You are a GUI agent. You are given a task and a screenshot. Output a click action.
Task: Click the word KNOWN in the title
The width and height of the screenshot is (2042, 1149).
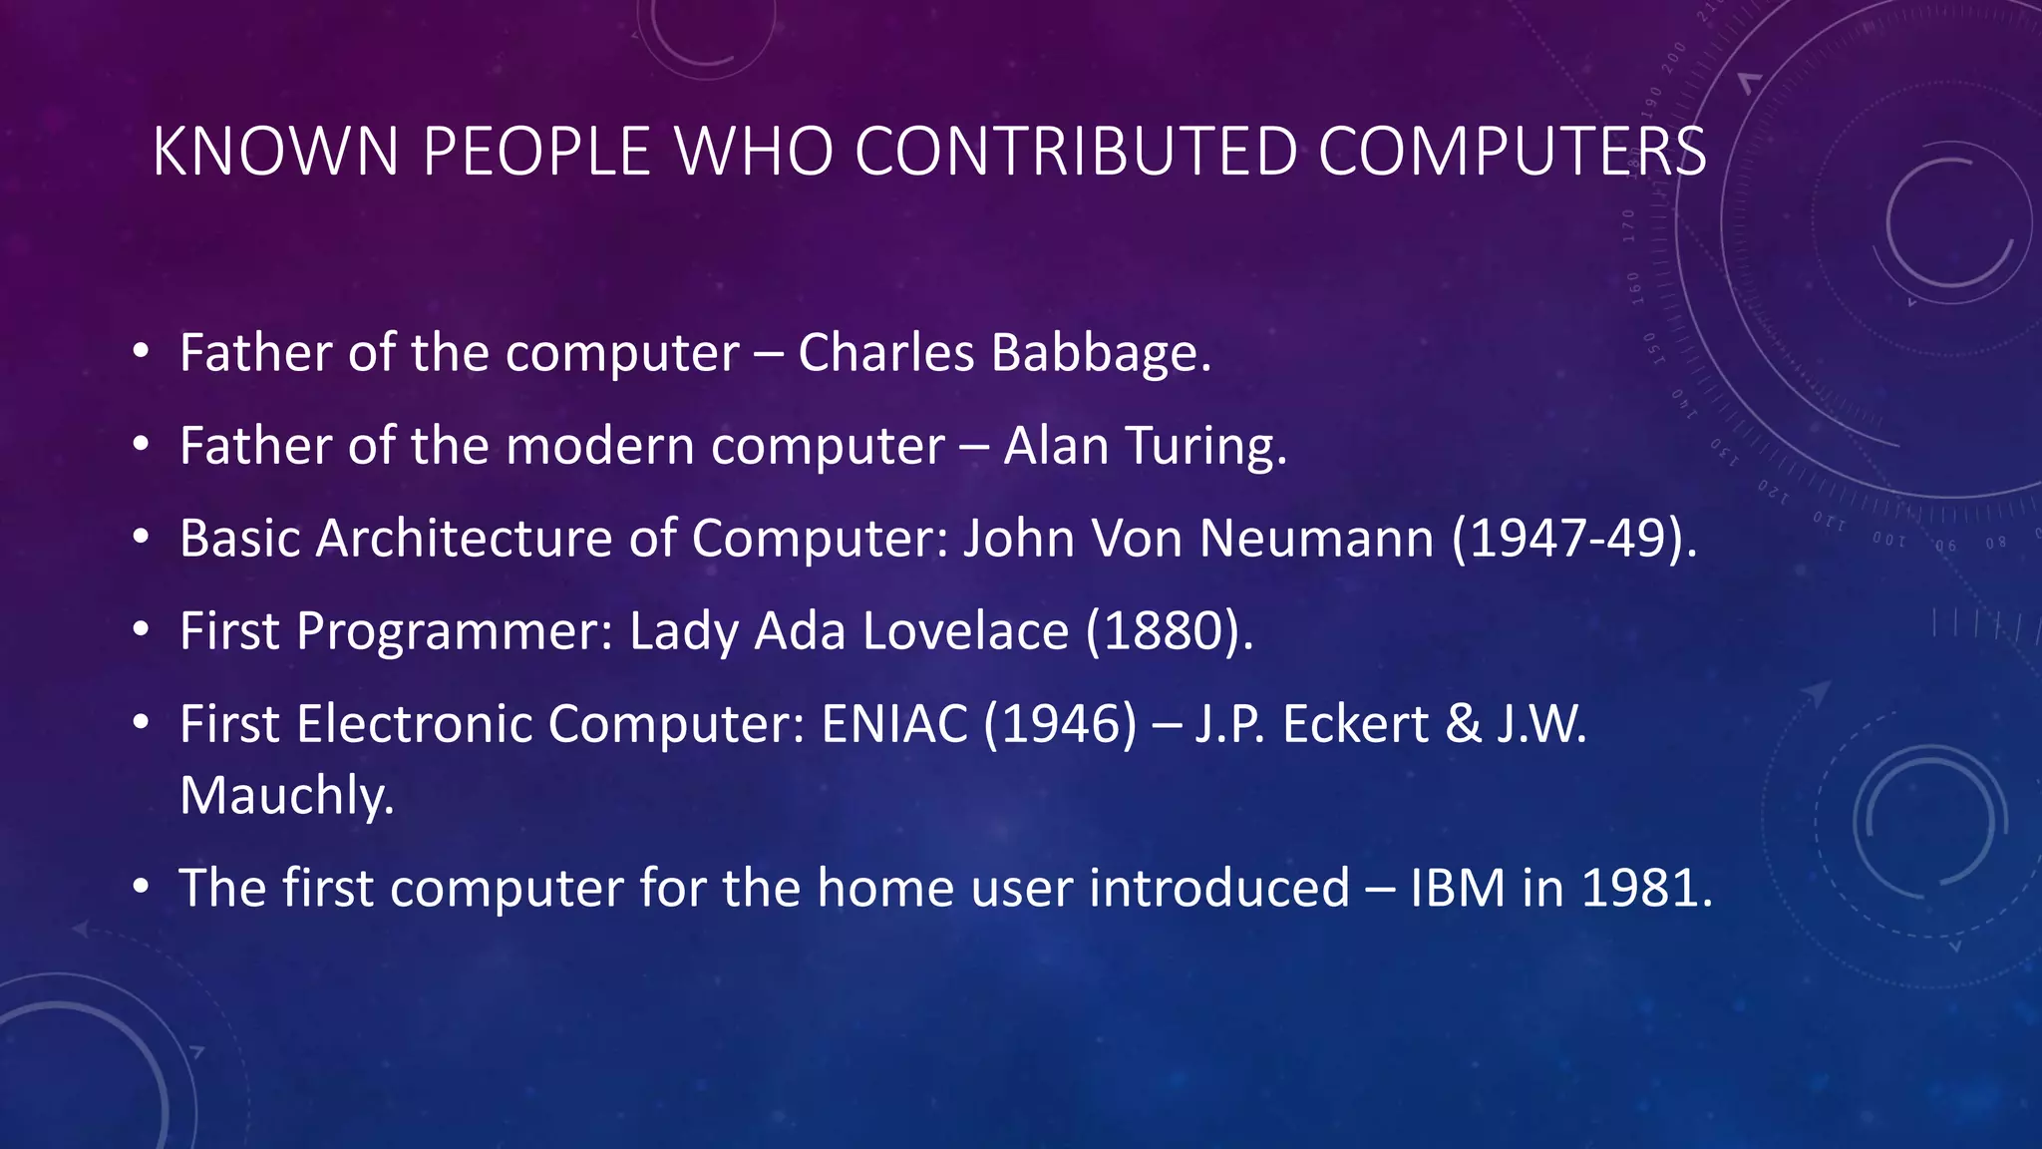click(x=276, y=152)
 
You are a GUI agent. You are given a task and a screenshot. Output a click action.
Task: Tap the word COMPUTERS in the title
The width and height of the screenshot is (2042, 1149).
click(x=1512, y=152)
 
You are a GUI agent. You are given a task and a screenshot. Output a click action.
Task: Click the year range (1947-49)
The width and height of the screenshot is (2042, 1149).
click(x=1573, y=539)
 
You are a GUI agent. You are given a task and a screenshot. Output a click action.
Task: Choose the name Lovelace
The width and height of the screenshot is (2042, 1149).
click(x=965, y=631)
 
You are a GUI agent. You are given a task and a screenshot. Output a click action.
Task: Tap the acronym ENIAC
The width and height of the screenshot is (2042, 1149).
click(x=894, y=724)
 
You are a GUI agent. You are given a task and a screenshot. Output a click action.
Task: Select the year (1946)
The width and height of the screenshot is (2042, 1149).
click(x=1060, y=724)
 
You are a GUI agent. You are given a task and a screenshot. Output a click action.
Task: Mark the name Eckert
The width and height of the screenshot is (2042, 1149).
click(x=1356, y=724)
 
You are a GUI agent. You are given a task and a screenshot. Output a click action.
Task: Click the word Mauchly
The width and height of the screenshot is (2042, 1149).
click(x=287, y=796)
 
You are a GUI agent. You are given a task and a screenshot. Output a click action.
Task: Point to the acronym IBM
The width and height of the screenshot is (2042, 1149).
click(x=1457, y=888)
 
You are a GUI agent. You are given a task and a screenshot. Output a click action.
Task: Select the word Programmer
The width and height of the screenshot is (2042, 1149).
click(x=455, y=631)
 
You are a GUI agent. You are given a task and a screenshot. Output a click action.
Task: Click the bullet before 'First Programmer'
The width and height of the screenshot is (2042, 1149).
click(x=141, y=631)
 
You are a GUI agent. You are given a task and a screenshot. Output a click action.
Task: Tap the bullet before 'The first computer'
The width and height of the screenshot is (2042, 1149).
click(x=141, y=888)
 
